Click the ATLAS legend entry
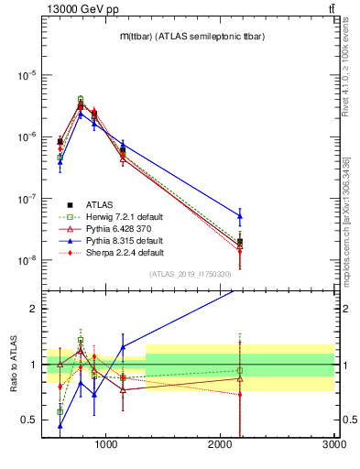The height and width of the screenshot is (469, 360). click(101, 204)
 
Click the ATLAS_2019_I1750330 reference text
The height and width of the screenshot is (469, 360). click(190, 275)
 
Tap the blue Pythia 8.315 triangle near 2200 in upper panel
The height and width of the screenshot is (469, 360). click(240, 216)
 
